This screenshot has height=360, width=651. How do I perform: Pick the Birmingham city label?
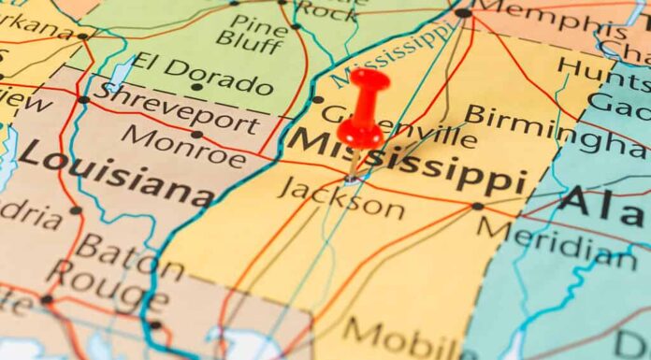pos(557,130)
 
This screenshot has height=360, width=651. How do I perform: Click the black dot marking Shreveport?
pos(84,99)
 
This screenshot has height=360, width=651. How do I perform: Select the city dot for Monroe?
pos(196,135)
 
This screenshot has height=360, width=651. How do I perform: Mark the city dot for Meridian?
pos(478,206)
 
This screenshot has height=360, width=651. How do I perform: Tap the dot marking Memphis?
pos(463,12)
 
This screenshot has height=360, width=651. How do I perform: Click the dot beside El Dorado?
pos(196,87)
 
